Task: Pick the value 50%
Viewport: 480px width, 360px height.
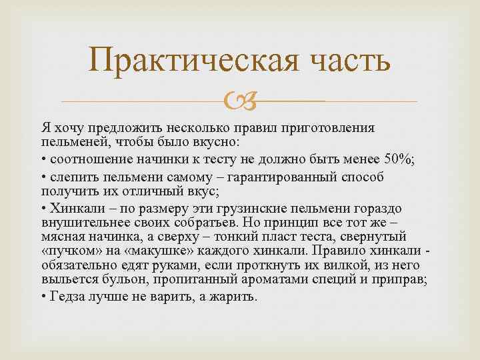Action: click(399, 160)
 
